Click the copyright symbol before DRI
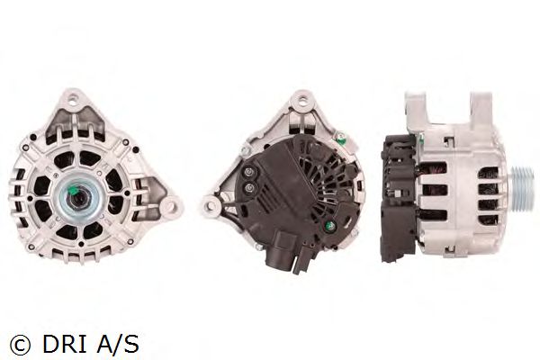pos(21,345)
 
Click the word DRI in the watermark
pos(64,344)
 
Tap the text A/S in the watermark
pos(117,344)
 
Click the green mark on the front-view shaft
pos(75,190)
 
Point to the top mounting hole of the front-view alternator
pos(73,98)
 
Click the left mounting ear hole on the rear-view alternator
pos(209,206)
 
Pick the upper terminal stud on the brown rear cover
pos(248,172)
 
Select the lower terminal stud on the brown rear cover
pos(249,188)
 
